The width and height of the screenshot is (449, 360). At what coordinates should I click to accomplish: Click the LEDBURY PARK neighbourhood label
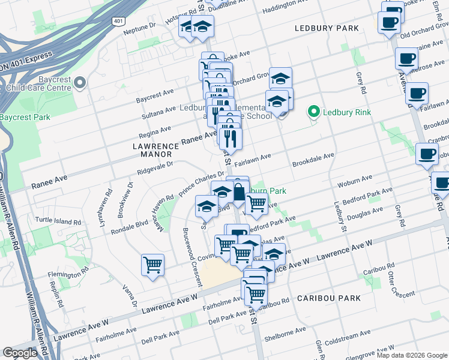pyautogui.click(x=327, y=28)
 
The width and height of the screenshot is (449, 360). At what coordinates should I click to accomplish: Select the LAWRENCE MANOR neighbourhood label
pyautogui.click(x=155, y=150)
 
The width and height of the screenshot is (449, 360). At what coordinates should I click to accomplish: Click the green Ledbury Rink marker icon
pyautogui.click(x=313, y=112)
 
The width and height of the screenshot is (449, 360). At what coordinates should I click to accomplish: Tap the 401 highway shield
pyautogui.click(x=117, y=21)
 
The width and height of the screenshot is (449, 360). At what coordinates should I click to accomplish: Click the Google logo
pyautogui.click(x=20, y=353)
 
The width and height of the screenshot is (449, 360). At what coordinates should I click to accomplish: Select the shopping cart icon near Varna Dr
pyautogui.click(x=153, y=265)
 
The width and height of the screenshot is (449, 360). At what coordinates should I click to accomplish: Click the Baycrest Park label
pyautogui.click(x=25, y=118)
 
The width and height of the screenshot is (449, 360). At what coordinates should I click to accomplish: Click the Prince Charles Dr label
pyautogui.click(x=202, y=184)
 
